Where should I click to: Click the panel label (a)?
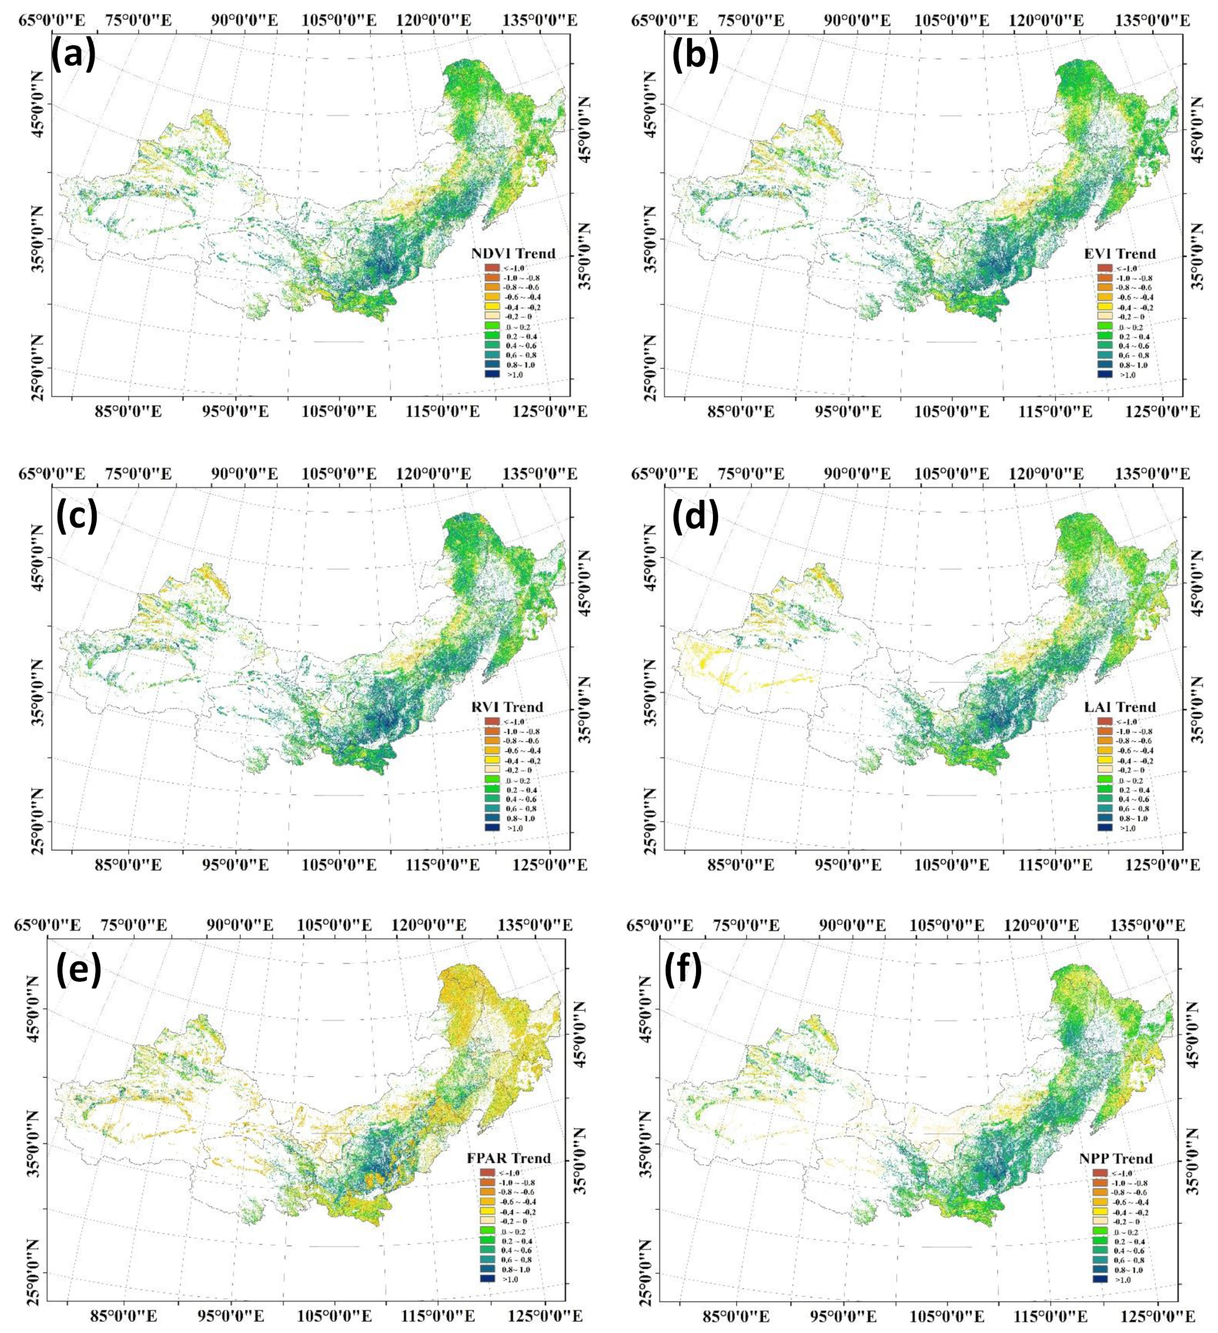pyautogui.click(x=73, y=55)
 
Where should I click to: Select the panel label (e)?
pyautogui.click(x=78, y=970)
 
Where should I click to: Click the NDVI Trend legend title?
pyautogui.click(x=513, y=254)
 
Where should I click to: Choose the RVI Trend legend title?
pyautogui.click(x=507, y=707)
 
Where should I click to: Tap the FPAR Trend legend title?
pyautogui.click(x=508, y=1159)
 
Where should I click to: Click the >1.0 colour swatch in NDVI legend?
pyautogui.click(x=492, y=375)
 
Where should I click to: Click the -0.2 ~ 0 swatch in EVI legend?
pyautogui.click(x=1105, y=317)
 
